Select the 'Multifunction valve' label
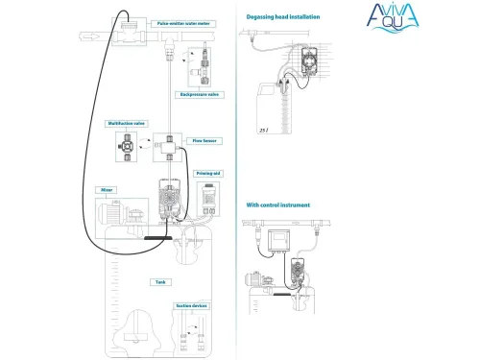coord(128,124)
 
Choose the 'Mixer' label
coord(108,190)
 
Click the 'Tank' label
coord(160,282)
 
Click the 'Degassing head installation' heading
coord(283,17)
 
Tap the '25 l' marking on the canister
coord(262,125)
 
